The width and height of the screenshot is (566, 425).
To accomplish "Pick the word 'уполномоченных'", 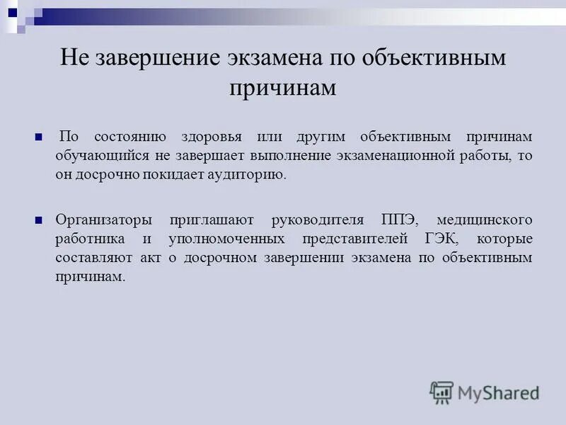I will (x=226, y=239).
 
